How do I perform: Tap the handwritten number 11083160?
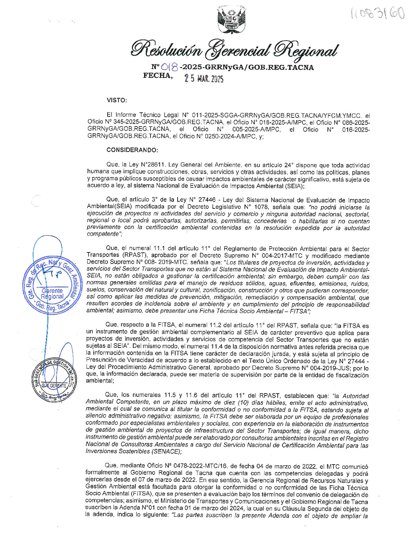click(x=378, y=14)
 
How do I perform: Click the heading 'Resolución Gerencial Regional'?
click(x=233, y=49)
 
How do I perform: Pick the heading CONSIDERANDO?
click(x=132, y=150)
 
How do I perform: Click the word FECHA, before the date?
click(x=158, y=75)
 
